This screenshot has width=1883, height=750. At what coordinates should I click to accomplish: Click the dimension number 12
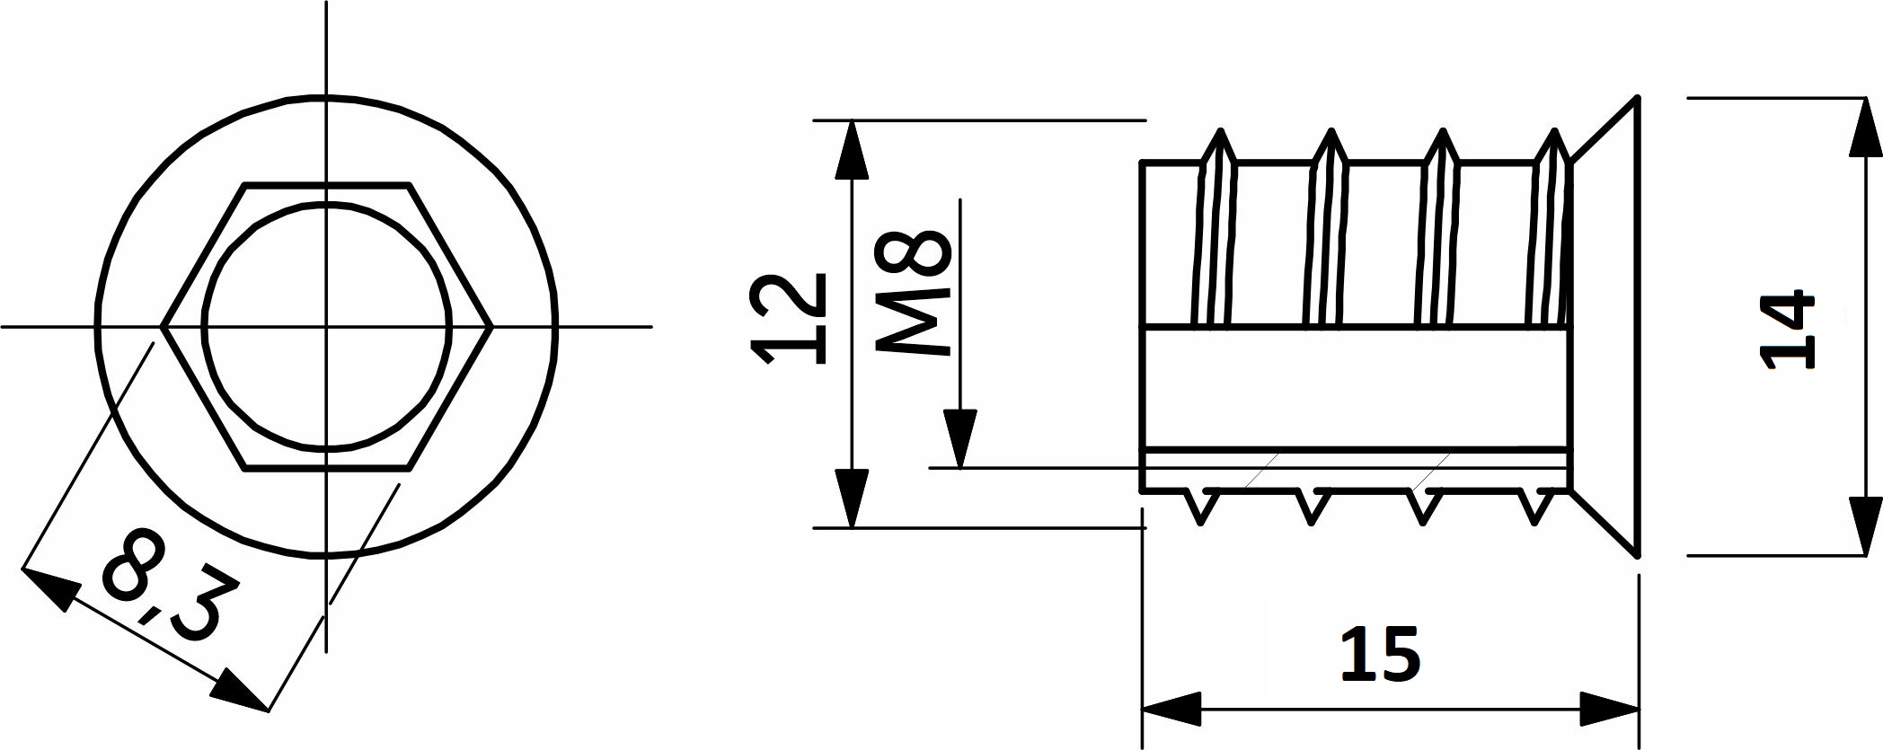791,319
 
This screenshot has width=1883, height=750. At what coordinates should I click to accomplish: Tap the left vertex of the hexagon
163,326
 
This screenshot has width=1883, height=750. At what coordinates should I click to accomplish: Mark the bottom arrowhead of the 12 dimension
853,496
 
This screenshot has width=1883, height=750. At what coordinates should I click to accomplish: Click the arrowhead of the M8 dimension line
960,437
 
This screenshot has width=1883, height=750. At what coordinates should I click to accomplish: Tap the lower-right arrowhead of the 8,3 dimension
240,695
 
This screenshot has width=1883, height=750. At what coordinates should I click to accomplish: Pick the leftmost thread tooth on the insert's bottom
1203,505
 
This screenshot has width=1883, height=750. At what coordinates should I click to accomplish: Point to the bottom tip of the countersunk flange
1638,556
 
